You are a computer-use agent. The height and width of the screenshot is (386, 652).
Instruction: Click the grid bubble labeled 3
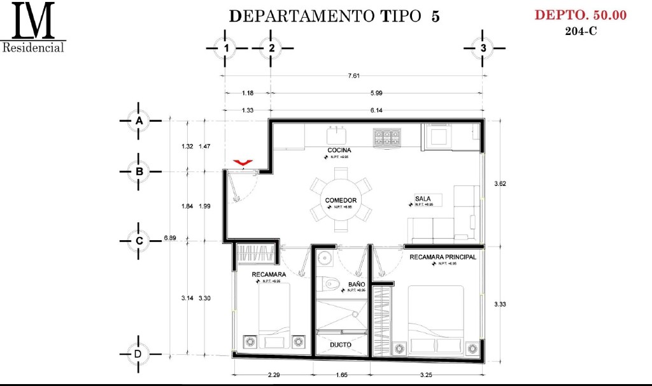point(483,48)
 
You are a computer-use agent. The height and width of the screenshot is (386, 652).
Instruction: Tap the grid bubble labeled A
point(138,120)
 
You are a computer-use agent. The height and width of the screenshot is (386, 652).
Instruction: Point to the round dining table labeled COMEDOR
point(341,200)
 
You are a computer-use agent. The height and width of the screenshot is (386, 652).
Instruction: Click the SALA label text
point(423,199)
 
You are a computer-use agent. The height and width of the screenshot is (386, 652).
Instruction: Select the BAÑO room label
point(357,285)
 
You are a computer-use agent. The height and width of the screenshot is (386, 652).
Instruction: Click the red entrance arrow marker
point(242,164)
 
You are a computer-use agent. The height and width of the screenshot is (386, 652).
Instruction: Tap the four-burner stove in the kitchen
point(387,135)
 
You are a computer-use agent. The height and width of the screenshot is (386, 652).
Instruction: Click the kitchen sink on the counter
point(336,136)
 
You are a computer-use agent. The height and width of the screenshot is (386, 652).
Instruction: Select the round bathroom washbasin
point(324,259)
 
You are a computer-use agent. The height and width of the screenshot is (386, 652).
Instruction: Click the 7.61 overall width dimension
point(354,76)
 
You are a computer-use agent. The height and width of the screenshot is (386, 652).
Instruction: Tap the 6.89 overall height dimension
point(169,238)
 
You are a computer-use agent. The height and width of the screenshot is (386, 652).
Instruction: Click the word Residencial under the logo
point(34,48)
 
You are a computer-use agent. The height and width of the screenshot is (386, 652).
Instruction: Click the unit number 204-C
point(581,31)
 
